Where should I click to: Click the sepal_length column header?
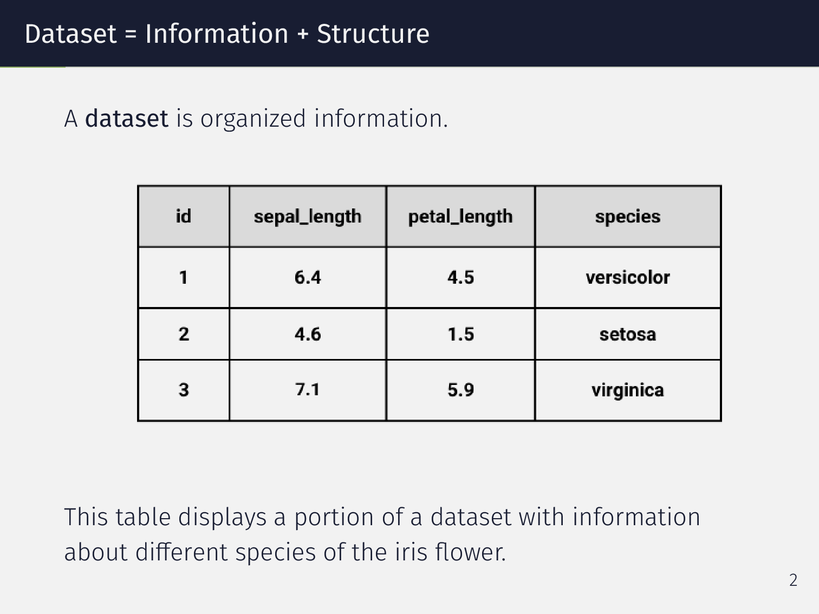click(307, 217)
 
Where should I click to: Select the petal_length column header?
click(460, 217)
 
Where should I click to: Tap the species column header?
click(628, 217)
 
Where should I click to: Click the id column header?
click(184, 217)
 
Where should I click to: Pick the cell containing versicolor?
click(628, 278)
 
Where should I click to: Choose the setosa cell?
click(628, 334)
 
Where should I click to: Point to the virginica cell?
click(628, 390)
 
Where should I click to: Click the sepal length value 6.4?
click(308, 278)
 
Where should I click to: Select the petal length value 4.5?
click(460, 278)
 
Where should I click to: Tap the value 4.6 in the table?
click(308, 334)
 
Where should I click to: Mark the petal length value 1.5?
click(460, 334)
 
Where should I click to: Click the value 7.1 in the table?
click(308, 390)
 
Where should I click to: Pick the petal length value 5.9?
click(460, 390)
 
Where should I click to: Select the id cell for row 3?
click(184, 390)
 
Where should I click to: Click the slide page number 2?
click(793, 580)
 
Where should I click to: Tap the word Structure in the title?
click(373, 34)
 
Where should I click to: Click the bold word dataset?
click(127, 119)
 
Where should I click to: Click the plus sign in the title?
click(302, 35)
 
